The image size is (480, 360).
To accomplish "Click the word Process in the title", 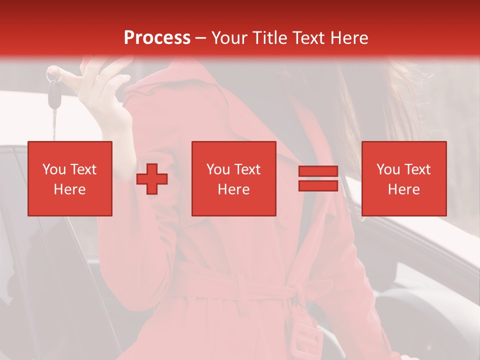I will coord(157,38).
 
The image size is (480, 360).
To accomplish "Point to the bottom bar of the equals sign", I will coord(318,186).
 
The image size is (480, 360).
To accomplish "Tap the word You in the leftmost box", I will coord(54,169).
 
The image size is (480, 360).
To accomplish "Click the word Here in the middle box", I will coord(234,189).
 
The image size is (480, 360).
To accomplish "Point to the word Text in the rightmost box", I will coord(418,169).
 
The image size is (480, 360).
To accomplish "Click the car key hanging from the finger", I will coord(53,95).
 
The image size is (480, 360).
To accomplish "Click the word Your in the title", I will coord(230,38).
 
